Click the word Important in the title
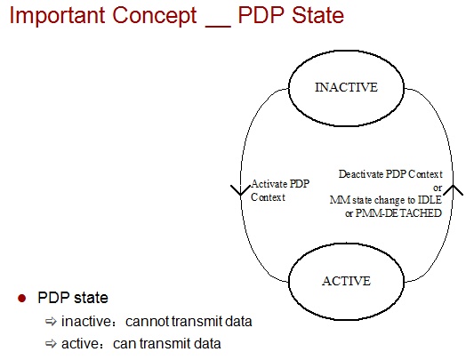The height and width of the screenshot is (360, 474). (58, 15)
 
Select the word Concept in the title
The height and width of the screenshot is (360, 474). (155, 15)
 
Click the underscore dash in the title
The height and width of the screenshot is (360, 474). (218, 27)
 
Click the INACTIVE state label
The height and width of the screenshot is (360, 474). (347, 87)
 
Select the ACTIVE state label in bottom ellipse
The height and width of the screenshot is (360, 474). (347, 281)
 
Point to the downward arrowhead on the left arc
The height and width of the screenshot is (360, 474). (241, 190)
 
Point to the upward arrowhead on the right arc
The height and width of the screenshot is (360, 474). (453, 190)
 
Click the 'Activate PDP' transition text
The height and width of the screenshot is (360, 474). (280, 184)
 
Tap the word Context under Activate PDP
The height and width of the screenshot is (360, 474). (269, 197)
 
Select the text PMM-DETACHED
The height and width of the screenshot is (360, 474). (398, 213)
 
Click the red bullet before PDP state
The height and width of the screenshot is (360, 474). (21, 299)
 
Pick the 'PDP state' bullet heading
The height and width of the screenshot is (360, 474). (73, 298)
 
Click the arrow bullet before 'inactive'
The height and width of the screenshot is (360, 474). (51, 321)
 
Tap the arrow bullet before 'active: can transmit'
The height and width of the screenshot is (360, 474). (51, 344)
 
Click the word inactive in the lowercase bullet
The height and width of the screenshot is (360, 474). (86, 321)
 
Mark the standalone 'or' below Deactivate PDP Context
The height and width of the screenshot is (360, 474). (438, 188)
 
